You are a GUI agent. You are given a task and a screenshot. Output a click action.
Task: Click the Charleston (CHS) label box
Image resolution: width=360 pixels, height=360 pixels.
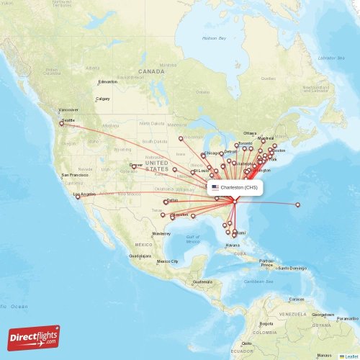tap(235, 187)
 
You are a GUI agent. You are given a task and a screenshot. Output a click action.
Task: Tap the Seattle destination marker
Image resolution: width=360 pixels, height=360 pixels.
tap(61, 124)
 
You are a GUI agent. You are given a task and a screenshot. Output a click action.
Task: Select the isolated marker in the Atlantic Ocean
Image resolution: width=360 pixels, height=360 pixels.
tap(297, 205)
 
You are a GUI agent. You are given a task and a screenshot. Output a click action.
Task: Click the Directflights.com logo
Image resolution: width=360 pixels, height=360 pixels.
tap(34, 336)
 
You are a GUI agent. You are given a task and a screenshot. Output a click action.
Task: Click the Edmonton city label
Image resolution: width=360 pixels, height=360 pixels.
tap(107, 81)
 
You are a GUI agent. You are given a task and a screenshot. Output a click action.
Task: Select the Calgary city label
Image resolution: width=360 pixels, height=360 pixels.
tap(103, 98)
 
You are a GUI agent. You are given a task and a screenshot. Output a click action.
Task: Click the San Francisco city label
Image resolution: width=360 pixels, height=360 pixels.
tap(75, 175)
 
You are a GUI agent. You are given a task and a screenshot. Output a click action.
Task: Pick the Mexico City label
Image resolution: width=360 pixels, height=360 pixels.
tap(168, 261)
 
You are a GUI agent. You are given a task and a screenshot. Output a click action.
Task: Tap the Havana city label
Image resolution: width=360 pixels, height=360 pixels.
tap(232, 246)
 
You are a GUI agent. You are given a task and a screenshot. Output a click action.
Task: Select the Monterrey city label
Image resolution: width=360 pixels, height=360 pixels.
tap(161, 234)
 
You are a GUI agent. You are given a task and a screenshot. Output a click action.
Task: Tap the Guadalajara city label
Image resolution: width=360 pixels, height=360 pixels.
tap(140, 256)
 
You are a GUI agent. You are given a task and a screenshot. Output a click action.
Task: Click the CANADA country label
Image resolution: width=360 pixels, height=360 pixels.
tap(152, 72)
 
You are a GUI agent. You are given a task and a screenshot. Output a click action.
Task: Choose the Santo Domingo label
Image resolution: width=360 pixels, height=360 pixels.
tap(293, 268)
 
